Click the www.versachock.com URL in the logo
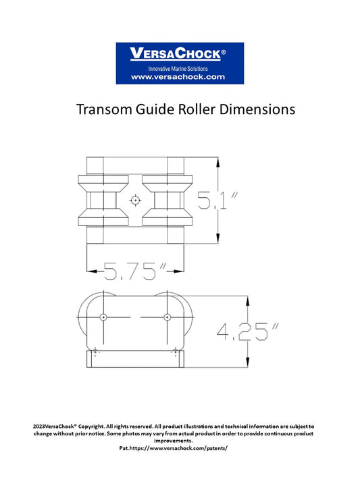tap(178, 77)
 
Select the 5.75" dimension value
tap(135, 271)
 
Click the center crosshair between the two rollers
tap(136, 201)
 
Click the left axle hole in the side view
tap(103, 317)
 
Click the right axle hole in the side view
tap(167, 317)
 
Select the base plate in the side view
tap(134, 359)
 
